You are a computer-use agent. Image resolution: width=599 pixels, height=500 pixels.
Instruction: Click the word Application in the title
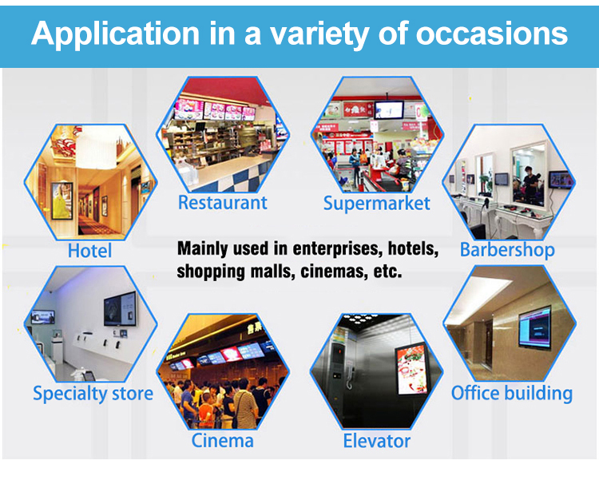pyautogui.click(x=115, y=34)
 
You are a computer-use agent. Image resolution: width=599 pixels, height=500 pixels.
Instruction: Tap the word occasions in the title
pyautogui.click(x=492, y=34)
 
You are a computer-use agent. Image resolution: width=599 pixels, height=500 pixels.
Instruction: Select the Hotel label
pyautogui.click(x=89, y=251)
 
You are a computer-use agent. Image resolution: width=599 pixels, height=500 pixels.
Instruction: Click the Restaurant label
pyautogui.click(x=223, y=202)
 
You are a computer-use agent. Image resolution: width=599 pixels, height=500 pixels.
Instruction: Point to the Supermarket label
pyautogui.click(x=377, y=204)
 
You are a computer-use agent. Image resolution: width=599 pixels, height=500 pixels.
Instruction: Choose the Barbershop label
pyautogui.click(x=507, y=250)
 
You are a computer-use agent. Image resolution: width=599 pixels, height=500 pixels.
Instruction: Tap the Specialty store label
pyautogui.click(x=93, y=394)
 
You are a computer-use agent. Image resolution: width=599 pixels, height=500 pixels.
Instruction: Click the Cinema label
pyautogui.click(x=222, y=441)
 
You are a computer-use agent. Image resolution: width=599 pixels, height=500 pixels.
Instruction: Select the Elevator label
pyautogui.click(x=377, y=441)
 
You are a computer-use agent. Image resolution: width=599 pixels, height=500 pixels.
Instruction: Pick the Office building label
pyautogui.click(x=512, y=394)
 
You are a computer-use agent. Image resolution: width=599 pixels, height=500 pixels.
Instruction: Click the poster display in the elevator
pyautogui.click(x=411, y=369)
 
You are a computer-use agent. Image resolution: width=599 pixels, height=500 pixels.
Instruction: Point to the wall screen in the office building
pyautogui.click(x=535, y=327)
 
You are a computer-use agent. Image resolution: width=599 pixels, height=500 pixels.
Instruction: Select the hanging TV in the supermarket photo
pyautogui.click(x=389, y=110)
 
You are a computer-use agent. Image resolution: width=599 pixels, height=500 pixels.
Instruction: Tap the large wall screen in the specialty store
pyautogui.click(x=120, y=308)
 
